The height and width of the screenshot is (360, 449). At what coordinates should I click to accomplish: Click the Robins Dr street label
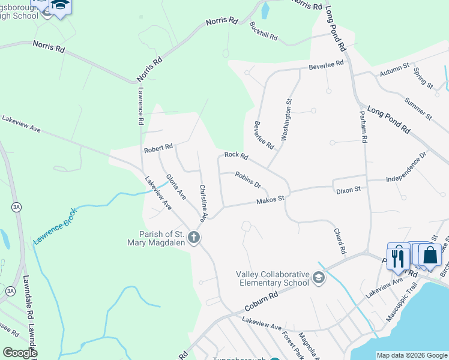tap(248, 180)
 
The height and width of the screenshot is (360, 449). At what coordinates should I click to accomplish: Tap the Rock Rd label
tap(236, 155)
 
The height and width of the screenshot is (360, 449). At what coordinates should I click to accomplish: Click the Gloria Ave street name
tap(176, 186)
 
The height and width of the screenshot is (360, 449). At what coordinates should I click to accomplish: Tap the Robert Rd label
tap(158, 147)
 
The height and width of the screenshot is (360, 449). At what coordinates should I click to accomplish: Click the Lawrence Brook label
tap(55, 226)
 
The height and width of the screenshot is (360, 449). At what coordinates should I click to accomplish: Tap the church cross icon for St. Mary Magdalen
tap(193, 238)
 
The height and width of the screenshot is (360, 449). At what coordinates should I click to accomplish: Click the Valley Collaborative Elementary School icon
tap(318, 278)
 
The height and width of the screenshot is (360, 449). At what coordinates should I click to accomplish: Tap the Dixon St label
tap(348, 190)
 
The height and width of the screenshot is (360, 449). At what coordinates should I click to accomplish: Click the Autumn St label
tap(394, 70)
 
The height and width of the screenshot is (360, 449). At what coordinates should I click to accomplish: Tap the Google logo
tap(19, 353)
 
